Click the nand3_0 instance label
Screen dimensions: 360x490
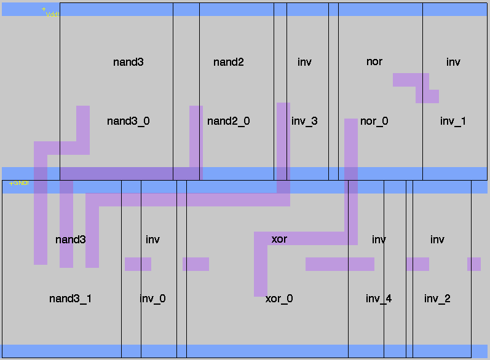[128, 121]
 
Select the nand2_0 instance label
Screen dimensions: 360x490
[228, 121]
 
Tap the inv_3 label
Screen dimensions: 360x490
[304, 121]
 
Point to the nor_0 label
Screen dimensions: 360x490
[374, 121]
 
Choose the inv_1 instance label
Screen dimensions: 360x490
[453, 121]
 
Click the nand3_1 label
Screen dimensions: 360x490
[70, 299]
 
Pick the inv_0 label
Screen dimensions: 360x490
[152, 299]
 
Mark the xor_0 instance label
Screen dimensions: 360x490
[279, 299]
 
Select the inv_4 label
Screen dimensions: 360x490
[379, 299]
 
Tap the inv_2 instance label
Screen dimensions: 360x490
[437, 299]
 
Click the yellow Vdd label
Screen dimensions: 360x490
[52, 14]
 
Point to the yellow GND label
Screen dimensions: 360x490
[19, 183]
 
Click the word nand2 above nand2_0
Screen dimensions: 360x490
[228, 62]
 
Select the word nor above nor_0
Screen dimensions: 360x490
[374, 61]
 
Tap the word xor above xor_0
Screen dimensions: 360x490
[279, 239]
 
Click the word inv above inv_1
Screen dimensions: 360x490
[453, 62]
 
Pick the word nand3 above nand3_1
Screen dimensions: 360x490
[70, 240]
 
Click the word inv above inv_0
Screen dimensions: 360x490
[152, 240]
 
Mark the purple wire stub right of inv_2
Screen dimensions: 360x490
[473, 264]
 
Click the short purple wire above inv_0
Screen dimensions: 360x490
[138, 264]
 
